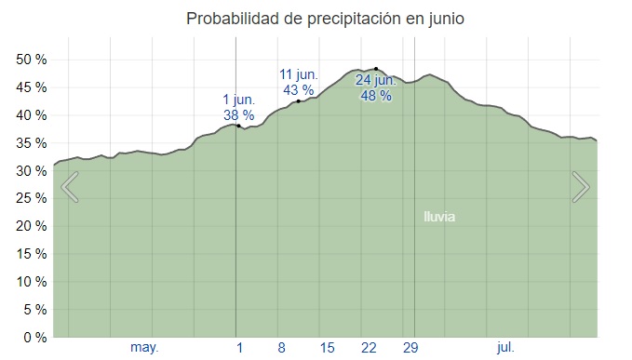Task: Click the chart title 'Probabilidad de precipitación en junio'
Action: click(x=325, y=19)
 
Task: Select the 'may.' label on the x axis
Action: click(x=144, y=347)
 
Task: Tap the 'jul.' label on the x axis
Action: click(x=505, y=347)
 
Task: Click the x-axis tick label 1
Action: click(x=239, y=348)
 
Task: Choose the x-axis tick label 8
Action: click(x=281, y=348)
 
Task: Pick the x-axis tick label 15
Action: click(x=327, y=348)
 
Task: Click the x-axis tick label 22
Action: click(x=369, y=348)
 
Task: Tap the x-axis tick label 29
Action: click(x=410, y=348)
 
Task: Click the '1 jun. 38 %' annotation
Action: click(x=237, y=108)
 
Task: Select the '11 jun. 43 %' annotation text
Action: click(x=299, y=82)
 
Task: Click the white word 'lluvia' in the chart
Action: click(x=439, y=217)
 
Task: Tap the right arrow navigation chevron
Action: click(x=581, y=187)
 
